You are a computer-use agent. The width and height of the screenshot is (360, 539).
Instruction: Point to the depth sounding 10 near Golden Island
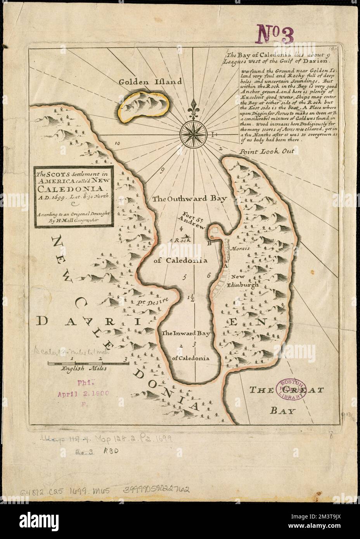(x=118, y=143)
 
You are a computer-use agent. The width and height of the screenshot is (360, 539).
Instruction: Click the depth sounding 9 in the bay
(x=163, y=169)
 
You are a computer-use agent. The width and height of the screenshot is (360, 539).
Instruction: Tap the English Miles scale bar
(x=88, y=363)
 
